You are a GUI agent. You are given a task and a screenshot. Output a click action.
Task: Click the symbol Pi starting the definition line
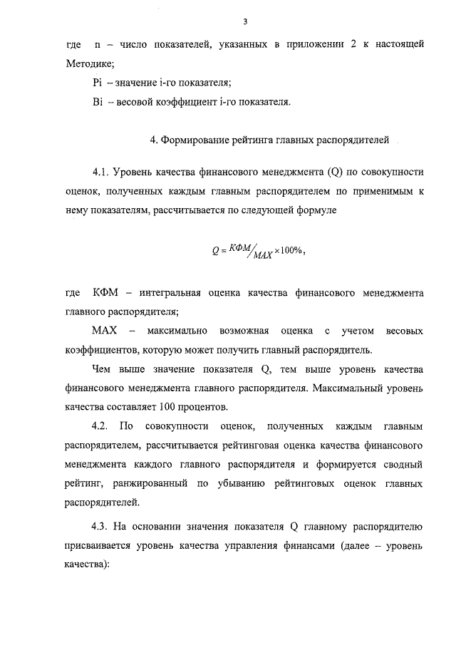click(x=98, y=83)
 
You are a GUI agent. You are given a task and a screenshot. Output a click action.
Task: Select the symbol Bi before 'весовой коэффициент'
click(x=98, y=102)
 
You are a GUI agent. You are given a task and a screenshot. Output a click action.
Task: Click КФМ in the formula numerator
click(x=238, y=247)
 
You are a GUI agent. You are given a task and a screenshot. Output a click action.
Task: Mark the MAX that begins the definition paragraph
click(x=104, y=331)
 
